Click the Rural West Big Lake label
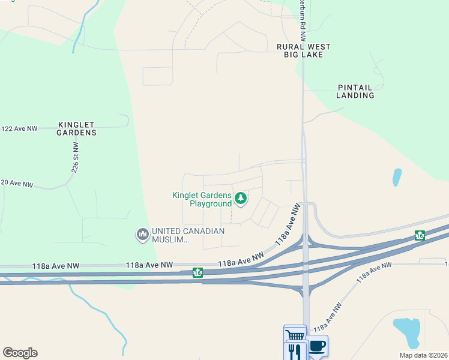pyautogui.click(x=303, y=50)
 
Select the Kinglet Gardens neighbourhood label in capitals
pyautogui.click(x=77, y=128)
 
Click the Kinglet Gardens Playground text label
pyautogui.click(x=202, y=199)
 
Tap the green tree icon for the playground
pyautogui.click(x=241, y=198)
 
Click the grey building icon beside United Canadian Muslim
pyautogui.click(x=143, y=234)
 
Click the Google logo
pyautogui.click(x=20, y=353)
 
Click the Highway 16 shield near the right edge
pyautogui.click(x=420, y=236)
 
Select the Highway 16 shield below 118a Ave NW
pyautogui.click(x=197, y=273)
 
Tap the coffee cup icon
pyautogui.click(x=318, y=346)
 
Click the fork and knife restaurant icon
pyautogui.click(x=294, y=351)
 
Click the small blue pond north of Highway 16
pyautogui.click(x=396, y=177)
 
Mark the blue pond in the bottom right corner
pyautogui.click(x=408, y=332)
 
